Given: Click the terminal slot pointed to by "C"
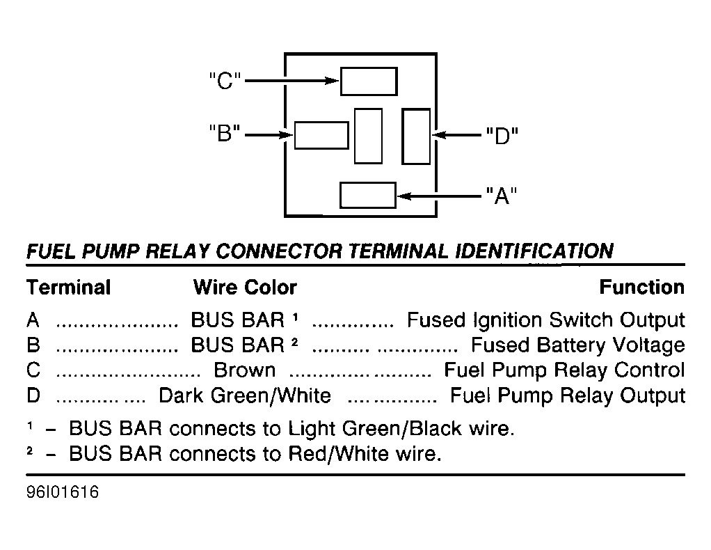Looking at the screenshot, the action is (369, 81).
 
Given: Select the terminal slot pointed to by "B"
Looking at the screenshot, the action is (321, 135).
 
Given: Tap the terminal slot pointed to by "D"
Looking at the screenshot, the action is (416, 136).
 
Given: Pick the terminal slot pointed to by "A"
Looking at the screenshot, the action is (368, 195).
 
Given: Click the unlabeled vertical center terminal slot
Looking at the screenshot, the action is (368, 136).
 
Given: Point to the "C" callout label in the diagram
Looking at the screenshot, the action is (225, 81).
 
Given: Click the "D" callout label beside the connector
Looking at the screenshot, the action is (502, 135).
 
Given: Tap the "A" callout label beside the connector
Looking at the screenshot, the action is (502, 196).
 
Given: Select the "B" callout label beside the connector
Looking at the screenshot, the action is (225, 134).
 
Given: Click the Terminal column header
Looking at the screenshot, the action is (68, 288).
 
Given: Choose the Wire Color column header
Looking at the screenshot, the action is (245, 288).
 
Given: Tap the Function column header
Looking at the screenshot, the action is (641, 287).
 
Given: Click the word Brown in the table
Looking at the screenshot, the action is (244, 370).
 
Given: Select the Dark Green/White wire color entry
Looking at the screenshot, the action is (245, 395).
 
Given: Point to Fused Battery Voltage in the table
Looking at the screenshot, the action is (578, 345).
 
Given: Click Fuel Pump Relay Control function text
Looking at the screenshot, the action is (564, 370).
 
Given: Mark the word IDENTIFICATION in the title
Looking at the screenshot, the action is (534, 251).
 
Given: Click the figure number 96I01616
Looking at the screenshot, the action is (63, 492).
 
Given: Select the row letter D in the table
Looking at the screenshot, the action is (33, 395).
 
